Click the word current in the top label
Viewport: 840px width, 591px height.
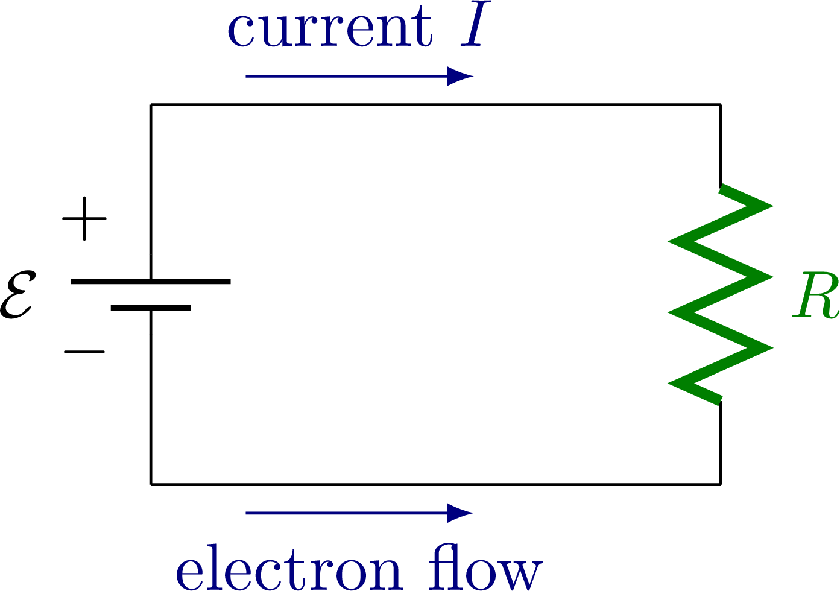coord(329,30)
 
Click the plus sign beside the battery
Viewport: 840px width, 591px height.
coord(84,218)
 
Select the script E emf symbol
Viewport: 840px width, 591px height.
coord(17,295)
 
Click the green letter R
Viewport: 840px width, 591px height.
coord(816,296)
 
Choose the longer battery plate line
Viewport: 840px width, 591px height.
coord(151,282)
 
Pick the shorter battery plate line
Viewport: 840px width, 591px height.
coord(151,308)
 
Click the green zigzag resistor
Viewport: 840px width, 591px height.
coord(721,294)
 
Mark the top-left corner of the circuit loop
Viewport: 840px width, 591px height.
coord(151,105)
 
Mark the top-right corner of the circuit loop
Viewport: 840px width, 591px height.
coord(721,105)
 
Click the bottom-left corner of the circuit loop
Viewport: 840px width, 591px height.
coord(151,484)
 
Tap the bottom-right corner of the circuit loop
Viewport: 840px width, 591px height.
coord(721,484)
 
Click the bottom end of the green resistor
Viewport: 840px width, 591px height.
coord(721,400)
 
